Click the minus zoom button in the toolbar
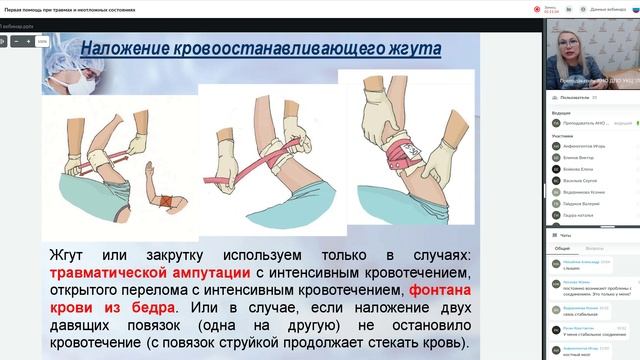click(15, 42)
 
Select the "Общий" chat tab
click(562, 247)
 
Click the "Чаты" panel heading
click(565, 234)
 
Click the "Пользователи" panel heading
click(574, 98)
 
